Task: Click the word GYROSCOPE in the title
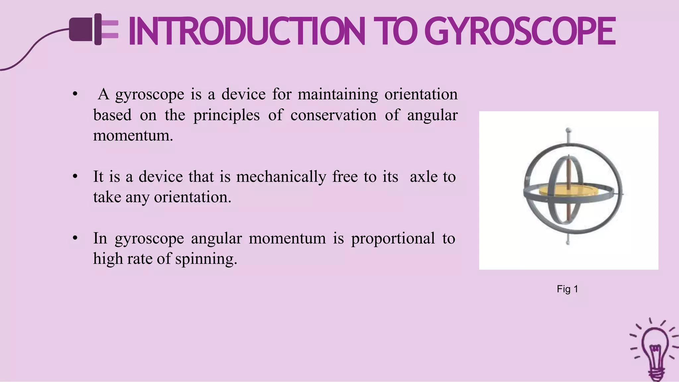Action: point(520,31)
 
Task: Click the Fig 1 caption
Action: point(567,289)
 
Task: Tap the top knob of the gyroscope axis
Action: point(568,130)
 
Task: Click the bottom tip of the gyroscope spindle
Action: point(568,243)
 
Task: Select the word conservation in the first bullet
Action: point(333,115)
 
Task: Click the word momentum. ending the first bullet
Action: point(133,136)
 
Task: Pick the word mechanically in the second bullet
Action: point(281,177)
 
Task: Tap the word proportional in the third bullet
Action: point(393,239)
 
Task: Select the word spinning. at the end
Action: point(206,259)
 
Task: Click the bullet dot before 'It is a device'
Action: point(75,177)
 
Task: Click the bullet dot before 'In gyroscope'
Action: point(75,238)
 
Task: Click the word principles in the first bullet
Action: point(226,115)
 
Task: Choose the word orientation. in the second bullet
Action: point(193,197)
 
